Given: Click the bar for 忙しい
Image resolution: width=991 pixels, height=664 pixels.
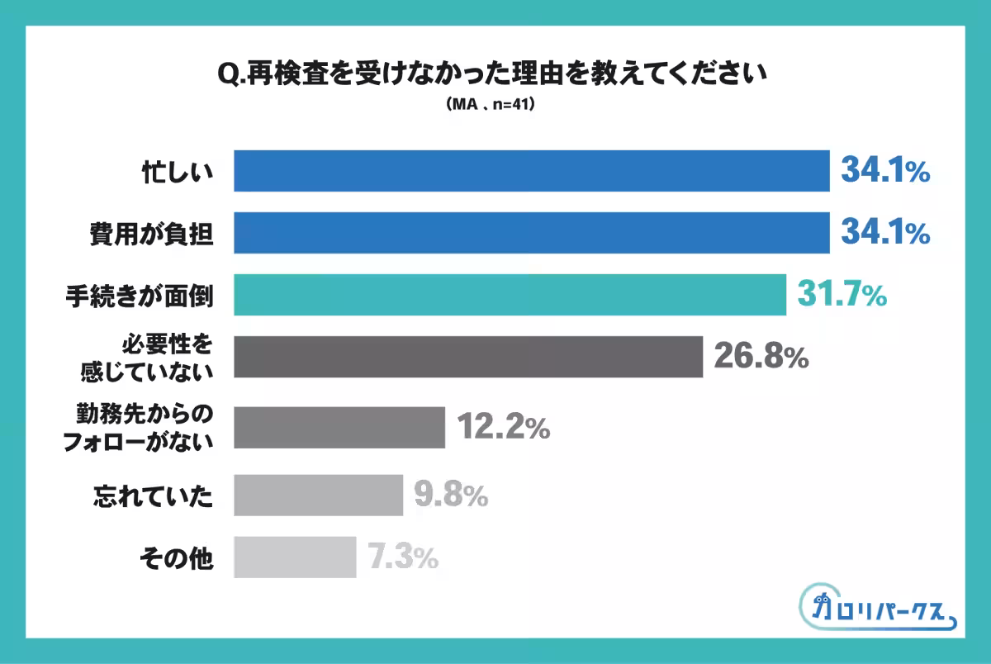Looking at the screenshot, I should pos(531,171).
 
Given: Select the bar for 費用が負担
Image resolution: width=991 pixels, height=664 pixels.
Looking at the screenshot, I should pos(531,233).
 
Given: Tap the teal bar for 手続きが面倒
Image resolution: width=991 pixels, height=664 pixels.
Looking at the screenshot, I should pos(510,295).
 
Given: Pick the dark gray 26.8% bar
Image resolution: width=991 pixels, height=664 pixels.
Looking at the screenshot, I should pos(468,357).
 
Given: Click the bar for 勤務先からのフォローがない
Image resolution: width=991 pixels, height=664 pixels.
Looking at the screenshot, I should pos(339,428).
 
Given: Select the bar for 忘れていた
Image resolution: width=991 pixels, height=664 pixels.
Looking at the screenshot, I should pos(318,495).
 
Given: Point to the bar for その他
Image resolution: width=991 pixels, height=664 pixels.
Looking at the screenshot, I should pos(295,557).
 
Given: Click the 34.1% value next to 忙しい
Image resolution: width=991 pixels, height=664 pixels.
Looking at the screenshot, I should pos(885,171).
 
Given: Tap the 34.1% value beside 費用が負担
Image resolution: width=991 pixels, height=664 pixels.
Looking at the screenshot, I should pos(885,234).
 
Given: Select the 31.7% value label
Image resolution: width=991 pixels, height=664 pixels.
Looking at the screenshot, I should pos(842,295).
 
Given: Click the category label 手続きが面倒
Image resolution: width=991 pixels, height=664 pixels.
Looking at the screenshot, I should pos(140,296).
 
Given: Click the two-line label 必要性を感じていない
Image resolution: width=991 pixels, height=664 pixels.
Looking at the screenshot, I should pos(146,357).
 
